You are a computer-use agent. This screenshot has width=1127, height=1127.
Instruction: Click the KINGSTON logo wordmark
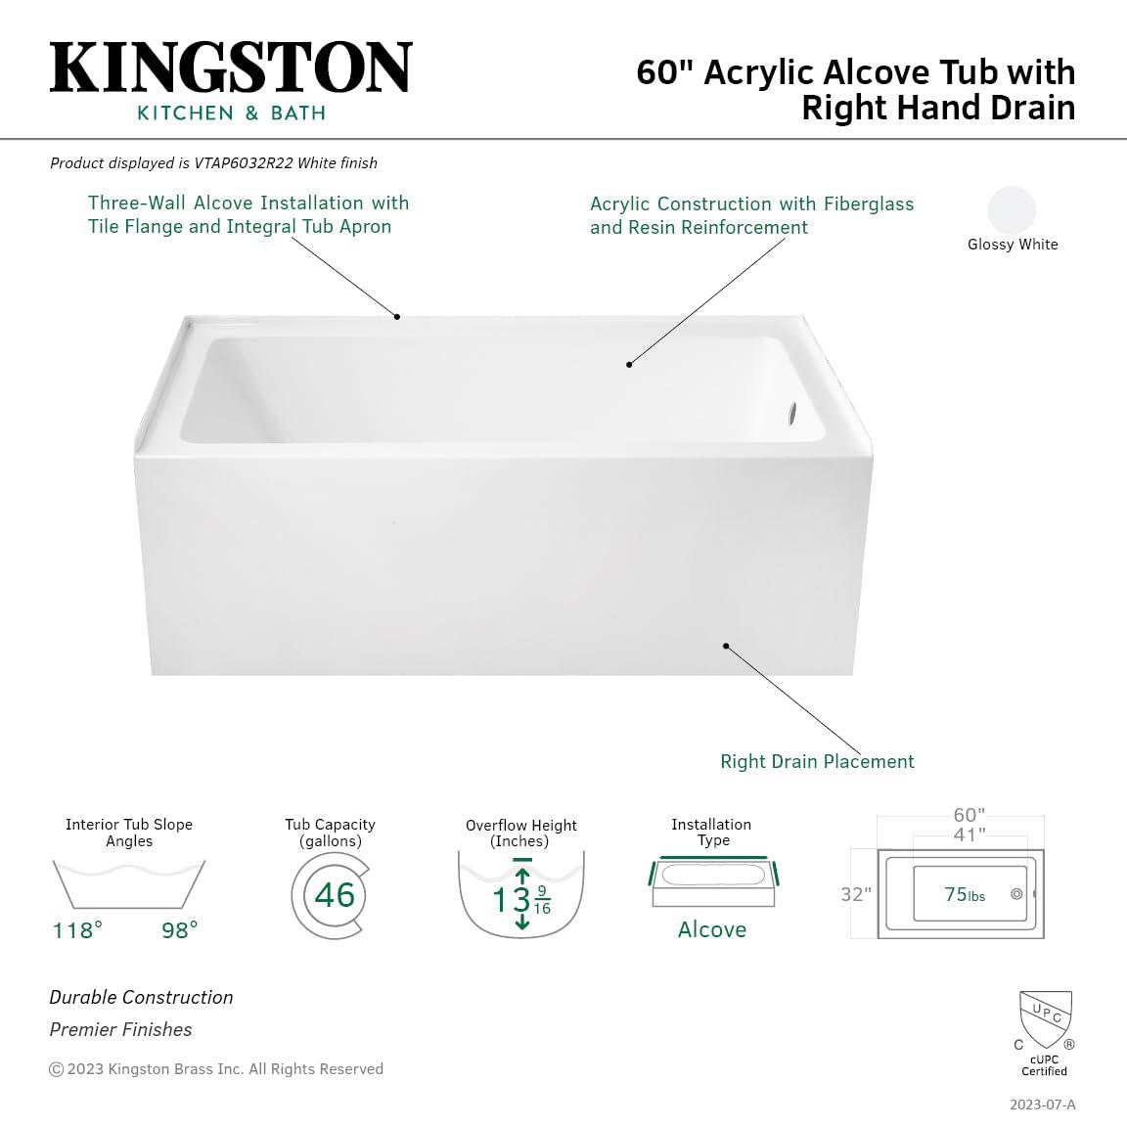[231, 69]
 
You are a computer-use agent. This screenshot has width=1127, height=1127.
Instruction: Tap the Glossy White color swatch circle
[1012, 209]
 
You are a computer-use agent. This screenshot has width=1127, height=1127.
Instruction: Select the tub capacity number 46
[335, 895]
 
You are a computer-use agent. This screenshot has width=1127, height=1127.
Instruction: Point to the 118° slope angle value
[77, 929]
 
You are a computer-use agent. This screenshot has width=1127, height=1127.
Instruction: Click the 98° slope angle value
[180, 929]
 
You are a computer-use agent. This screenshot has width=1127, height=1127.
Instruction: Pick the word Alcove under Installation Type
[712, 929]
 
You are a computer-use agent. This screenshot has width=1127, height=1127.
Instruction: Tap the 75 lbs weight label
[965, 895]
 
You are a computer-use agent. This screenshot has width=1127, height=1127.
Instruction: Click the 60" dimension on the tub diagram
[969, 816]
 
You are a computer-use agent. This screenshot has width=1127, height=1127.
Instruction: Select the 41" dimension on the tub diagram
[969, 834]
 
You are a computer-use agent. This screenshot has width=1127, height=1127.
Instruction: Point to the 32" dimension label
[856, 894]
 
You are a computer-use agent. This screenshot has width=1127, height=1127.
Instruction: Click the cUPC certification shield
[1045, 1019]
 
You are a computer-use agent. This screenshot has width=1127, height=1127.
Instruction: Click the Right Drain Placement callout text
[817, 761]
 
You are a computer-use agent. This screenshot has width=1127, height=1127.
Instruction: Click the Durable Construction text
[142, 997]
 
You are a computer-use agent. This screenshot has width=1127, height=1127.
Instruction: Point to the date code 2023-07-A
[1042, 1104]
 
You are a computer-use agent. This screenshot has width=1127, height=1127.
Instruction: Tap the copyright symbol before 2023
[57, 1069]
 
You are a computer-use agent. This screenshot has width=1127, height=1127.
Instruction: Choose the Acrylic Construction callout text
[751, 215]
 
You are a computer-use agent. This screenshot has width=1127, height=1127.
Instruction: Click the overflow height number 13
[511, 899]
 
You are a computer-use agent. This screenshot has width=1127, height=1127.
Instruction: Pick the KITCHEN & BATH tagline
[231, 113]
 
